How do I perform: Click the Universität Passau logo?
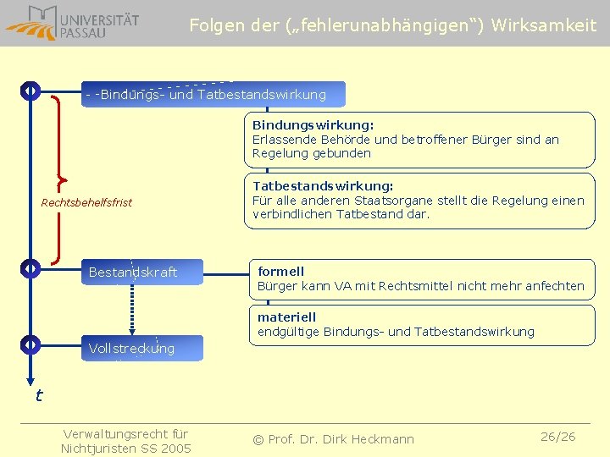click(72, 22)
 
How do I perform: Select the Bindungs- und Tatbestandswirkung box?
click(213, 94)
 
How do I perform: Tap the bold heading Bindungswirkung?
click(313, 125)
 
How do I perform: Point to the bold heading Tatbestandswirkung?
click(323, 186)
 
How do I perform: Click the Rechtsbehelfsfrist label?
click(87, 203)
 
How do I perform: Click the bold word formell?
click(280, 272)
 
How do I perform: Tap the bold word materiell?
click(286, 317)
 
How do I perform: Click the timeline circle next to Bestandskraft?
click(30, 269)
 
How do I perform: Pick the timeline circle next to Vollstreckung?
click(30, 344)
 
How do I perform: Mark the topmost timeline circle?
click(30, 91)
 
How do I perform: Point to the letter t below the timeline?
click(38, 395)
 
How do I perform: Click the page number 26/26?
click(557, 437)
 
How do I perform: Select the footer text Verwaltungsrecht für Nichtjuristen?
click(125, 441)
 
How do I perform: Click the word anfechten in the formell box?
click(554, 286)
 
